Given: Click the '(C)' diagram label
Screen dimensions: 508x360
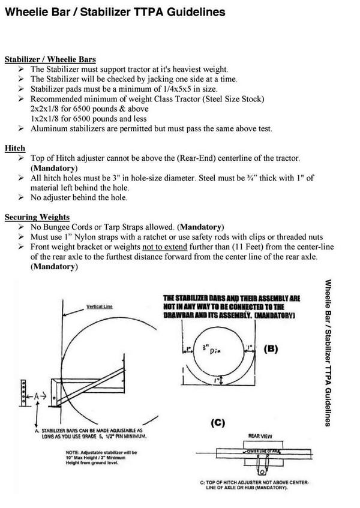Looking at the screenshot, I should click(217, 422).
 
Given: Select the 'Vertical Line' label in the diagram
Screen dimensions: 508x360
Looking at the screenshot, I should click(100, 306).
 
